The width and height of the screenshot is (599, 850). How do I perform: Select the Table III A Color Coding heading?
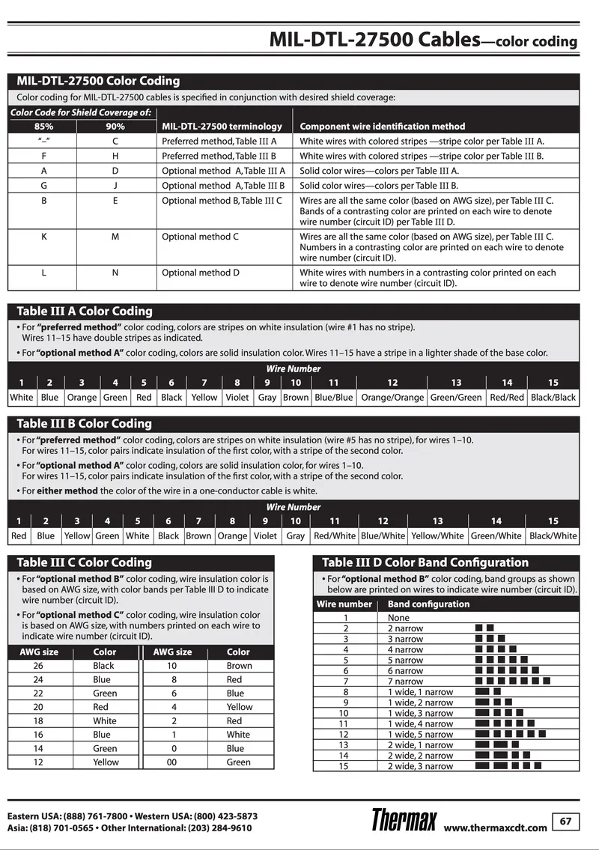[x=85, y=311]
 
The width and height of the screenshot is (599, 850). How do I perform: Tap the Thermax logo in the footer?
[x=404, y=821]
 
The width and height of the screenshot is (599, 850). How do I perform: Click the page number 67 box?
[x=565, y=822]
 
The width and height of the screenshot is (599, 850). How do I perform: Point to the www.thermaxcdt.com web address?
[x=495, y=828]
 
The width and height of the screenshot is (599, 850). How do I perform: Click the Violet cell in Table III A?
[x=237, y=398]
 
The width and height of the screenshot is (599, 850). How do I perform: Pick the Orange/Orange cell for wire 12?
[x=392, y=398]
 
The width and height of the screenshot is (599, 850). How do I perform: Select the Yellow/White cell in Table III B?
[x=437, y=535]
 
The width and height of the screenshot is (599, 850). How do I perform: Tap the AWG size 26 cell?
[x=38, y=666]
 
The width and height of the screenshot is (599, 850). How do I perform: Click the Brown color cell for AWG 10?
[x=240, y=666]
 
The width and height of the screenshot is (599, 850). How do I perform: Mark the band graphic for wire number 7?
[x=512, y=681]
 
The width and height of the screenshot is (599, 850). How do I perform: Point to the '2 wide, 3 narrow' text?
[x=420, y=766]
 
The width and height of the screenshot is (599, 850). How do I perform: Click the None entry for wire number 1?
[x=398, y=618]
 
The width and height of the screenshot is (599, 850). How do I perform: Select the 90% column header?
[x=115, y=127]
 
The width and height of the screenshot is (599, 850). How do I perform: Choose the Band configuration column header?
[x=418, y=604]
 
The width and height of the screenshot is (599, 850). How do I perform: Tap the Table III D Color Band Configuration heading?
[x=425, y=562]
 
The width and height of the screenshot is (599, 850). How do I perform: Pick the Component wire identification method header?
[x=382, y=127]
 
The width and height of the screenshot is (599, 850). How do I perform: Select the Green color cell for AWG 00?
[x=239, y=762]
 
